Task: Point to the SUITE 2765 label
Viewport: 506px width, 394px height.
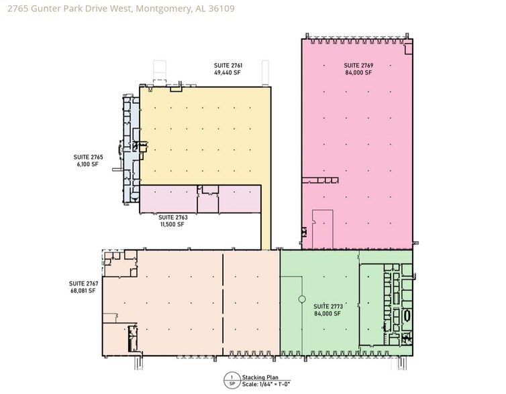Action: coord(87,157)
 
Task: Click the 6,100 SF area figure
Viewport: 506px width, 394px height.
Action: coord(87,163)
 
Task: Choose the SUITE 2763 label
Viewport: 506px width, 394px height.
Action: coord(172,218)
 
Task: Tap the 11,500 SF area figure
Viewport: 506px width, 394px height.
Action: coord(172,224)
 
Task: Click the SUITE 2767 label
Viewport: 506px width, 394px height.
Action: coord(83,283)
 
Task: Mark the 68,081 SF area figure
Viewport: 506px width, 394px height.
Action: coord(83,290)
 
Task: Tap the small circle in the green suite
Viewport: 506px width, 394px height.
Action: coord(301,299)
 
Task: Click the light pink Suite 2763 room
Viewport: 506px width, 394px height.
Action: coord(168,200)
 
